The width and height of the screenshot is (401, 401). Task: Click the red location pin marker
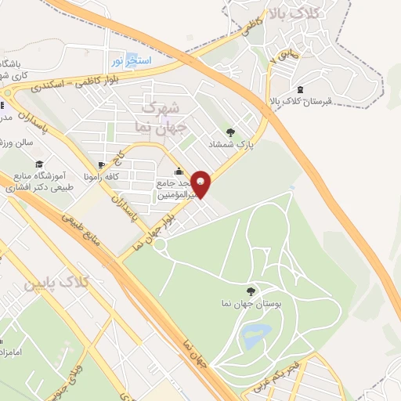click(x=201, y=184)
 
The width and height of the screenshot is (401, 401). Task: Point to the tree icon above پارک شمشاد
click(x=229, y=132)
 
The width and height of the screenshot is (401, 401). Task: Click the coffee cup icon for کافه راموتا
click(x=102, y=165)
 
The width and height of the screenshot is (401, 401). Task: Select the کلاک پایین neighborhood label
click(x=85, y=280)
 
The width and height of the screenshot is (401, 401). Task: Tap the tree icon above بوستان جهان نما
click(x=251, y=291)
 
